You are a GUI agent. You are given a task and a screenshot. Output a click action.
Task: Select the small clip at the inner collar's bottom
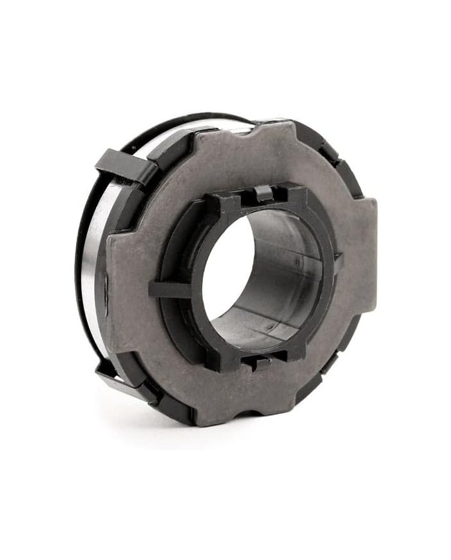coord(258,362)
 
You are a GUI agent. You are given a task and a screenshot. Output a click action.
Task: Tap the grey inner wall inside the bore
coord(283,271)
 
